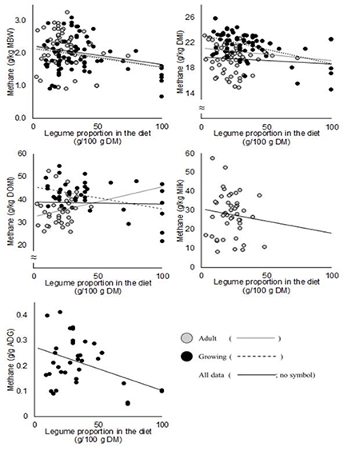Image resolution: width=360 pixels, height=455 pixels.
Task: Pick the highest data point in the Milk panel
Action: (x=212, y=158)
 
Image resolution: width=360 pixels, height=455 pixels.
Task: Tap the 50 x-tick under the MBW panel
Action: (x=97, y=126)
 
